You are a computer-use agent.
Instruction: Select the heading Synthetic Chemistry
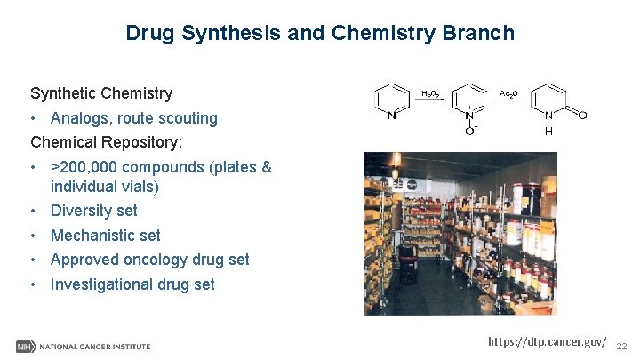101,93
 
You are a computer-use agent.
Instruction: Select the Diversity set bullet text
94,211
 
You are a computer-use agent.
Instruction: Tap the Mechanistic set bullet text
106,236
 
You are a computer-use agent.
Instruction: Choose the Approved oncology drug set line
150,260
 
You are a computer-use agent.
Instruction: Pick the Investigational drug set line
132,284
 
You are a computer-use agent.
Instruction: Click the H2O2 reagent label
429,92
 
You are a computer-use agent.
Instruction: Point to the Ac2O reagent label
509,92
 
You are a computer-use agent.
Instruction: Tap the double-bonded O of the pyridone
581,115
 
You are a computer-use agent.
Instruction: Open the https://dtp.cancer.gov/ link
548,342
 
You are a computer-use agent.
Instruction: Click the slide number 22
622,345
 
